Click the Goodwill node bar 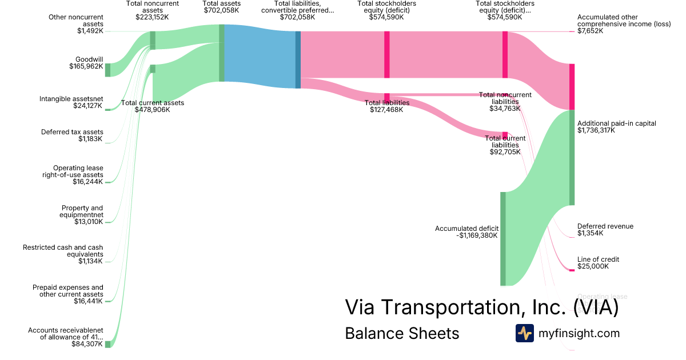[x=107, y=70]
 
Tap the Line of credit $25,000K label [x=598, y=263]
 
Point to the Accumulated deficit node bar [x=503, y=238]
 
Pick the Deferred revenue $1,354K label [x=605, y=230]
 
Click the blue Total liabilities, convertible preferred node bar [x=298, y=60]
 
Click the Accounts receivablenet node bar [x=107, y=343]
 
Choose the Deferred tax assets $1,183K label [x=72, y=135]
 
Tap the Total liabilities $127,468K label [x=386, y=106]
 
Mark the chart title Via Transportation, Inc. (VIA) [x=481, y=307]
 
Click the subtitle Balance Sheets [x=402, y=333]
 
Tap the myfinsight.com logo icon [x=524, y=333]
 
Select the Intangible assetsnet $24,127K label [x=71, y=102]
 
